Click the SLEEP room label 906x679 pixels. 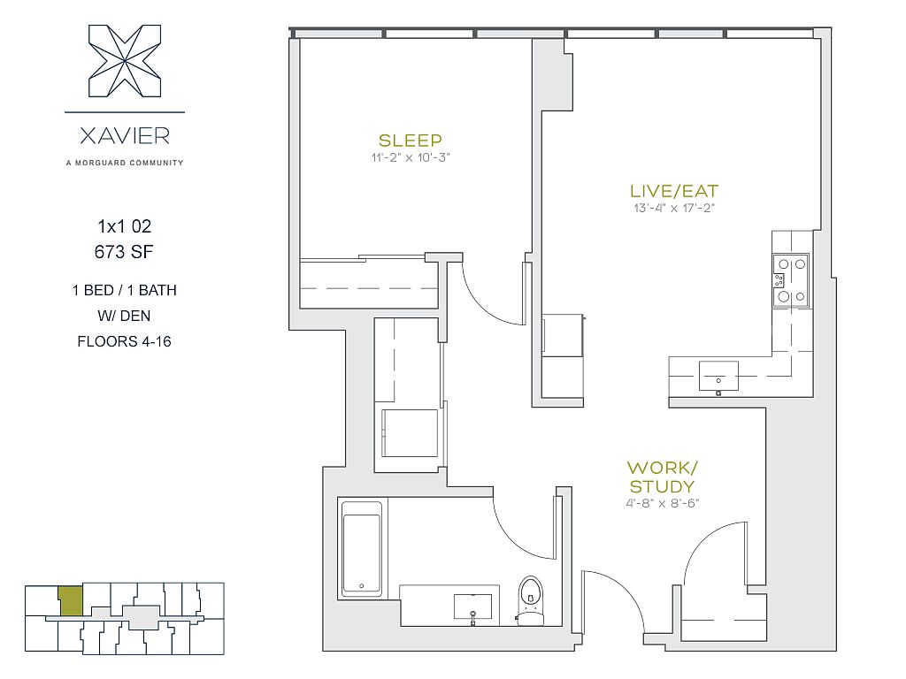[411, 141]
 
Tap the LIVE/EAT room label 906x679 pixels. [673, 191]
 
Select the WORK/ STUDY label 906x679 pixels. [662, 477]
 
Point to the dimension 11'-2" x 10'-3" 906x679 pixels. [411, 157]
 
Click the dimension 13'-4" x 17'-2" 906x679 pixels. [673, 208]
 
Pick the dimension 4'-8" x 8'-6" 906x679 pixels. [662, 503]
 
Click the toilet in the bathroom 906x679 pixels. [531, 601]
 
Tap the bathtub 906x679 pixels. [362, 548]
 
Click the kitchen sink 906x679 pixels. [718, 377]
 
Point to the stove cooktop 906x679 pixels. [791, 280]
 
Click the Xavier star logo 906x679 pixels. [125, 61]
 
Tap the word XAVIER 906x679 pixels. [125, 136]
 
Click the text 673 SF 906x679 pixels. [124, 252]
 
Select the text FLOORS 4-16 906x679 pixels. [124, 341]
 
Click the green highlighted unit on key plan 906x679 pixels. [71, 601]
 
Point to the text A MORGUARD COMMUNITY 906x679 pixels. [125, 163]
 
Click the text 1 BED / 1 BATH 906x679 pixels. [124, 290]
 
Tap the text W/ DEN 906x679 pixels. [124, 316]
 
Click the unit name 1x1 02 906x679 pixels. [124, 226]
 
